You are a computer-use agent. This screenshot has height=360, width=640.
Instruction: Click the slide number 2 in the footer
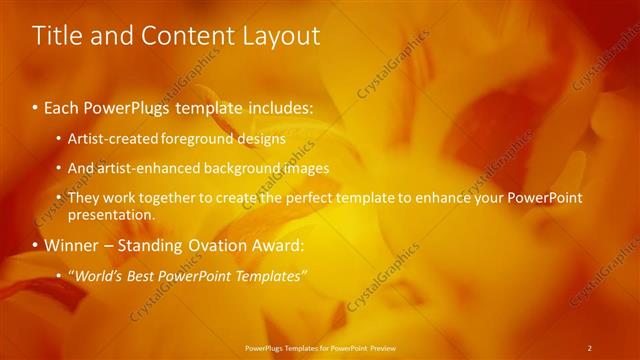[589, 347]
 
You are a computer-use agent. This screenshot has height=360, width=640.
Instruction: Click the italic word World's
[96, 275]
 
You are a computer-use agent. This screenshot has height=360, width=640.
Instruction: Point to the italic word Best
[147, 275]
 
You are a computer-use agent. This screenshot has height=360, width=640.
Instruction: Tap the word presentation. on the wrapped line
[111, 215]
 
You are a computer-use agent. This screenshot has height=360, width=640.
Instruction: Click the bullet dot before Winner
[36, 246]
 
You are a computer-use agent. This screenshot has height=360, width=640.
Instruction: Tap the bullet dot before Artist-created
[59, 138]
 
